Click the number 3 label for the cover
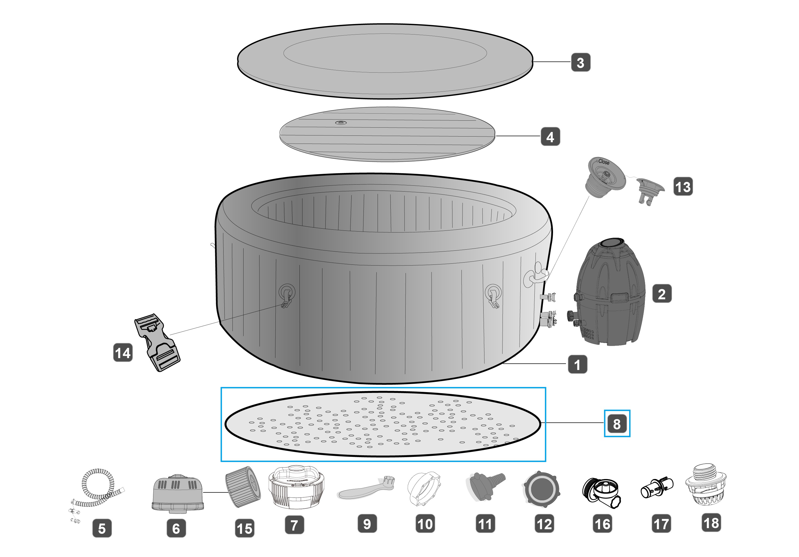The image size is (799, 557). coord(581,63)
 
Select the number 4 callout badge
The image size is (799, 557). coord(550,137)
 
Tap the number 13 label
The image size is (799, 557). coord(683,187)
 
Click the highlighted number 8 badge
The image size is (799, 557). coord(617,423)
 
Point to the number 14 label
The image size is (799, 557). coord(123,352)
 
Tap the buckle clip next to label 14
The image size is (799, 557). coord(158,342)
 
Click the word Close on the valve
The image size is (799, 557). coord(604,162)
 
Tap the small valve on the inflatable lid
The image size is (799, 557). coord(341,123)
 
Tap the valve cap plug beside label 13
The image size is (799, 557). coord(650,191)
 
